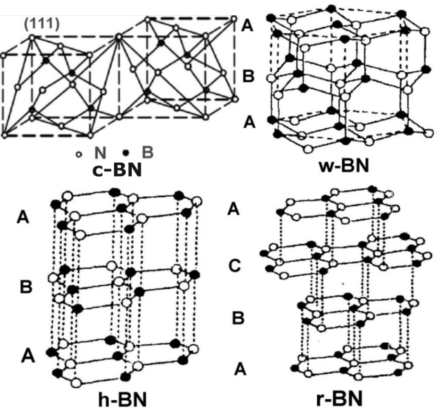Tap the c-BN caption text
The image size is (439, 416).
116,171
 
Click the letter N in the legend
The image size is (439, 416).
100,153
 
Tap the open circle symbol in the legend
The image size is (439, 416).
80,154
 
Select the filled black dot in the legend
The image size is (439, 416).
126,153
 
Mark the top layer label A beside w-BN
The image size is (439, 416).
247,26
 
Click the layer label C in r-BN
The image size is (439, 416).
234,266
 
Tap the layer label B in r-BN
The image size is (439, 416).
238,318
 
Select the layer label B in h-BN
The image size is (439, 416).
26,287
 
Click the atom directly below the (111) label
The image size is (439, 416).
32,37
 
